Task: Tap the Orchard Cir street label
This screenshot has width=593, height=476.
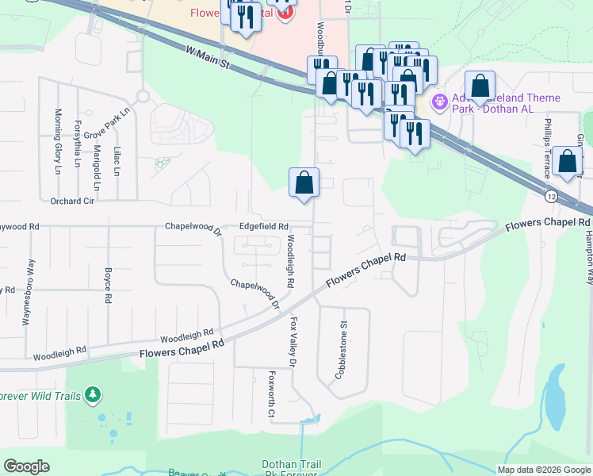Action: pyautogui.click(x=72, y=201)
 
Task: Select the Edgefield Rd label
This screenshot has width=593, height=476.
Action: pyautogui.click(x=263, y=227)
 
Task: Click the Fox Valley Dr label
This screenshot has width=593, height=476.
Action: pyautogui.click(x=293, y=342)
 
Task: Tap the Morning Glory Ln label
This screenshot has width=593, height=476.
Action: pyautogui.click(x=57, y=141)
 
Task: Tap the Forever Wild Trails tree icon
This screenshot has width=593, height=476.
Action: pyautogui.click(x=94, y=393)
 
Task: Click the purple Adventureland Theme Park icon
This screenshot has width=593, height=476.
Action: pyautogui.click(x=438, y=102)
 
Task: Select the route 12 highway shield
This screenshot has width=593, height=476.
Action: pyautogui.click(x=550, y=194)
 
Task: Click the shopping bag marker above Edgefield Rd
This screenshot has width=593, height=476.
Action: pyautogui.click(x=304, y=183)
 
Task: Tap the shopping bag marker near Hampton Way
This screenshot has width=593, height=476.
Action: pyautogui.click(x=568, y=162)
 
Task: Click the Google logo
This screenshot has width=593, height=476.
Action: pyautogui.click(x=26, y=466)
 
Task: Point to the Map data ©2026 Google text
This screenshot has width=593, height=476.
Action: pyautogui.click(x=544, y=470)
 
